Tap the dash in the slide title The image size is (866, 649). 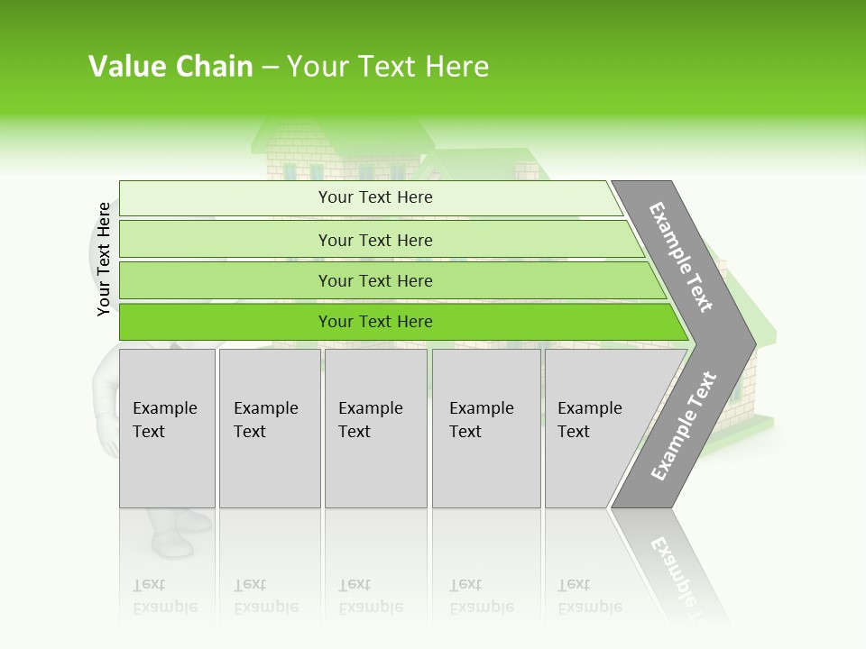[x=270, y=68]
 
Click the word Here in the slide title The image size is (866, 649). [x=455, y=67]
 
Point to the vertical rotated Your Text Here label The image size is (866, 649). [x=104, y=259]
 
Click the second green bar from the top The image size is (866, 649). [x=374, y=240]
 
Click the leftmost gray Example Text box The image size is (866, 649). [x=167, y=427]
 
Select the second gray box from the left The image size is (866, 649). [x=269, y=427]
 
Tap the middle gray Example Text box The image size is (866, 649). [x=375, y=427]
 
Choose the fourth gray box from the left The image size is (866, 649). [x=485, y=427]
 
